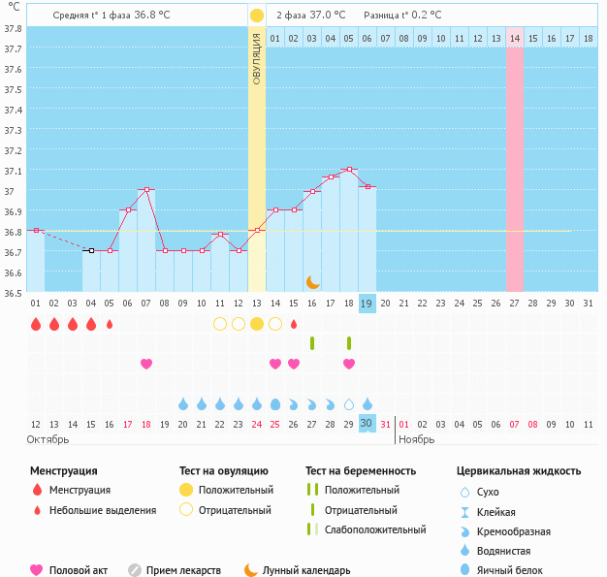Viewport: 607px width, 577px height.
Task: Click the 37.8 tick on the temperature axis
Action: pyautogui.click(x=14, y=29)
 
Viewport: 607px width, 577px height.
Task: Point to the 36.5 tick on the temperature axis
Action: pyautogui.click(x=14, y=292)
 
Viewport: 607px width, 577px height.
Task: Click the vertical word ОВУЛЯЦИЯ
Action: pyautogui.click(x=256, y=58)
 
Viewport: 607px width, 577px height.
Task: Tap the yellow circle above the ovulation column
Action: pyautogui.click(x=256, y=16)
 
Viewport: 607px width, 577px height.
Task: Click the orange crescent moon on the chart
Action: pyautogui.click(x=312, y=282)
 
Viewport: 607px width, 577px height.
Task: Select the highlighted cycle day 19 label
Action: pyautogui.click(x=367, y=303)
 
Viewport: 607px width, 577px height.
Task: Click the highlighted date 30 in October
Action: pyautogui.click(x=367, y=423)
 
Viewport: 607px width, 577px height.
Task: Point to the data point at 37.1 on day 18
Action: pyautogui.click(x=349, y=170)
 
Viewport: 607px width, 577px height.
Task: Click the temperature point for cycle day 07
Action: pyautogui.click(x=145, y=190)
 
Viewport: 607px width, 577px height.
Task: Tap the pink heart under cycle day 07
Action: pyautogui.click(x=146, y=364)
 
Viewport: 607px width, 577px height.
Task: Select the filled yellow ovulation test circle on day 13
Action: pyautogui.click(x=257, y=324)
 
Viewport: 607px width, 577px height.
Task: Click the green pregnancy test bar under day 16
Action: pyautogui.click(x=312, y=343)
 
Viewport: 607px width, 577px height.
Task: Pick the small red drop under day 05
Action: pyautogui.click(x=110, y=324)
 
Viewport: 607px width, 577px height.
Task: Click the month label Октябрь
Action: pyautogui.click(x=48, y=439)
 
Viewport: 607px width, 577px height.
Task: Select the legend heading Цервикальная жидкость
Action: pyautogui.click(x=519, y=470)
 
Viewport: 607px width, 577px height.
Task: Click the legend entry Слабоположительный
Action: pyautogui.click(x=374, y=529)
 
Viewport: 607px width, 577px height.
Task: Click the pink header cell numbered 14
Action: pyautogui.click(x=514, y=38)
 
